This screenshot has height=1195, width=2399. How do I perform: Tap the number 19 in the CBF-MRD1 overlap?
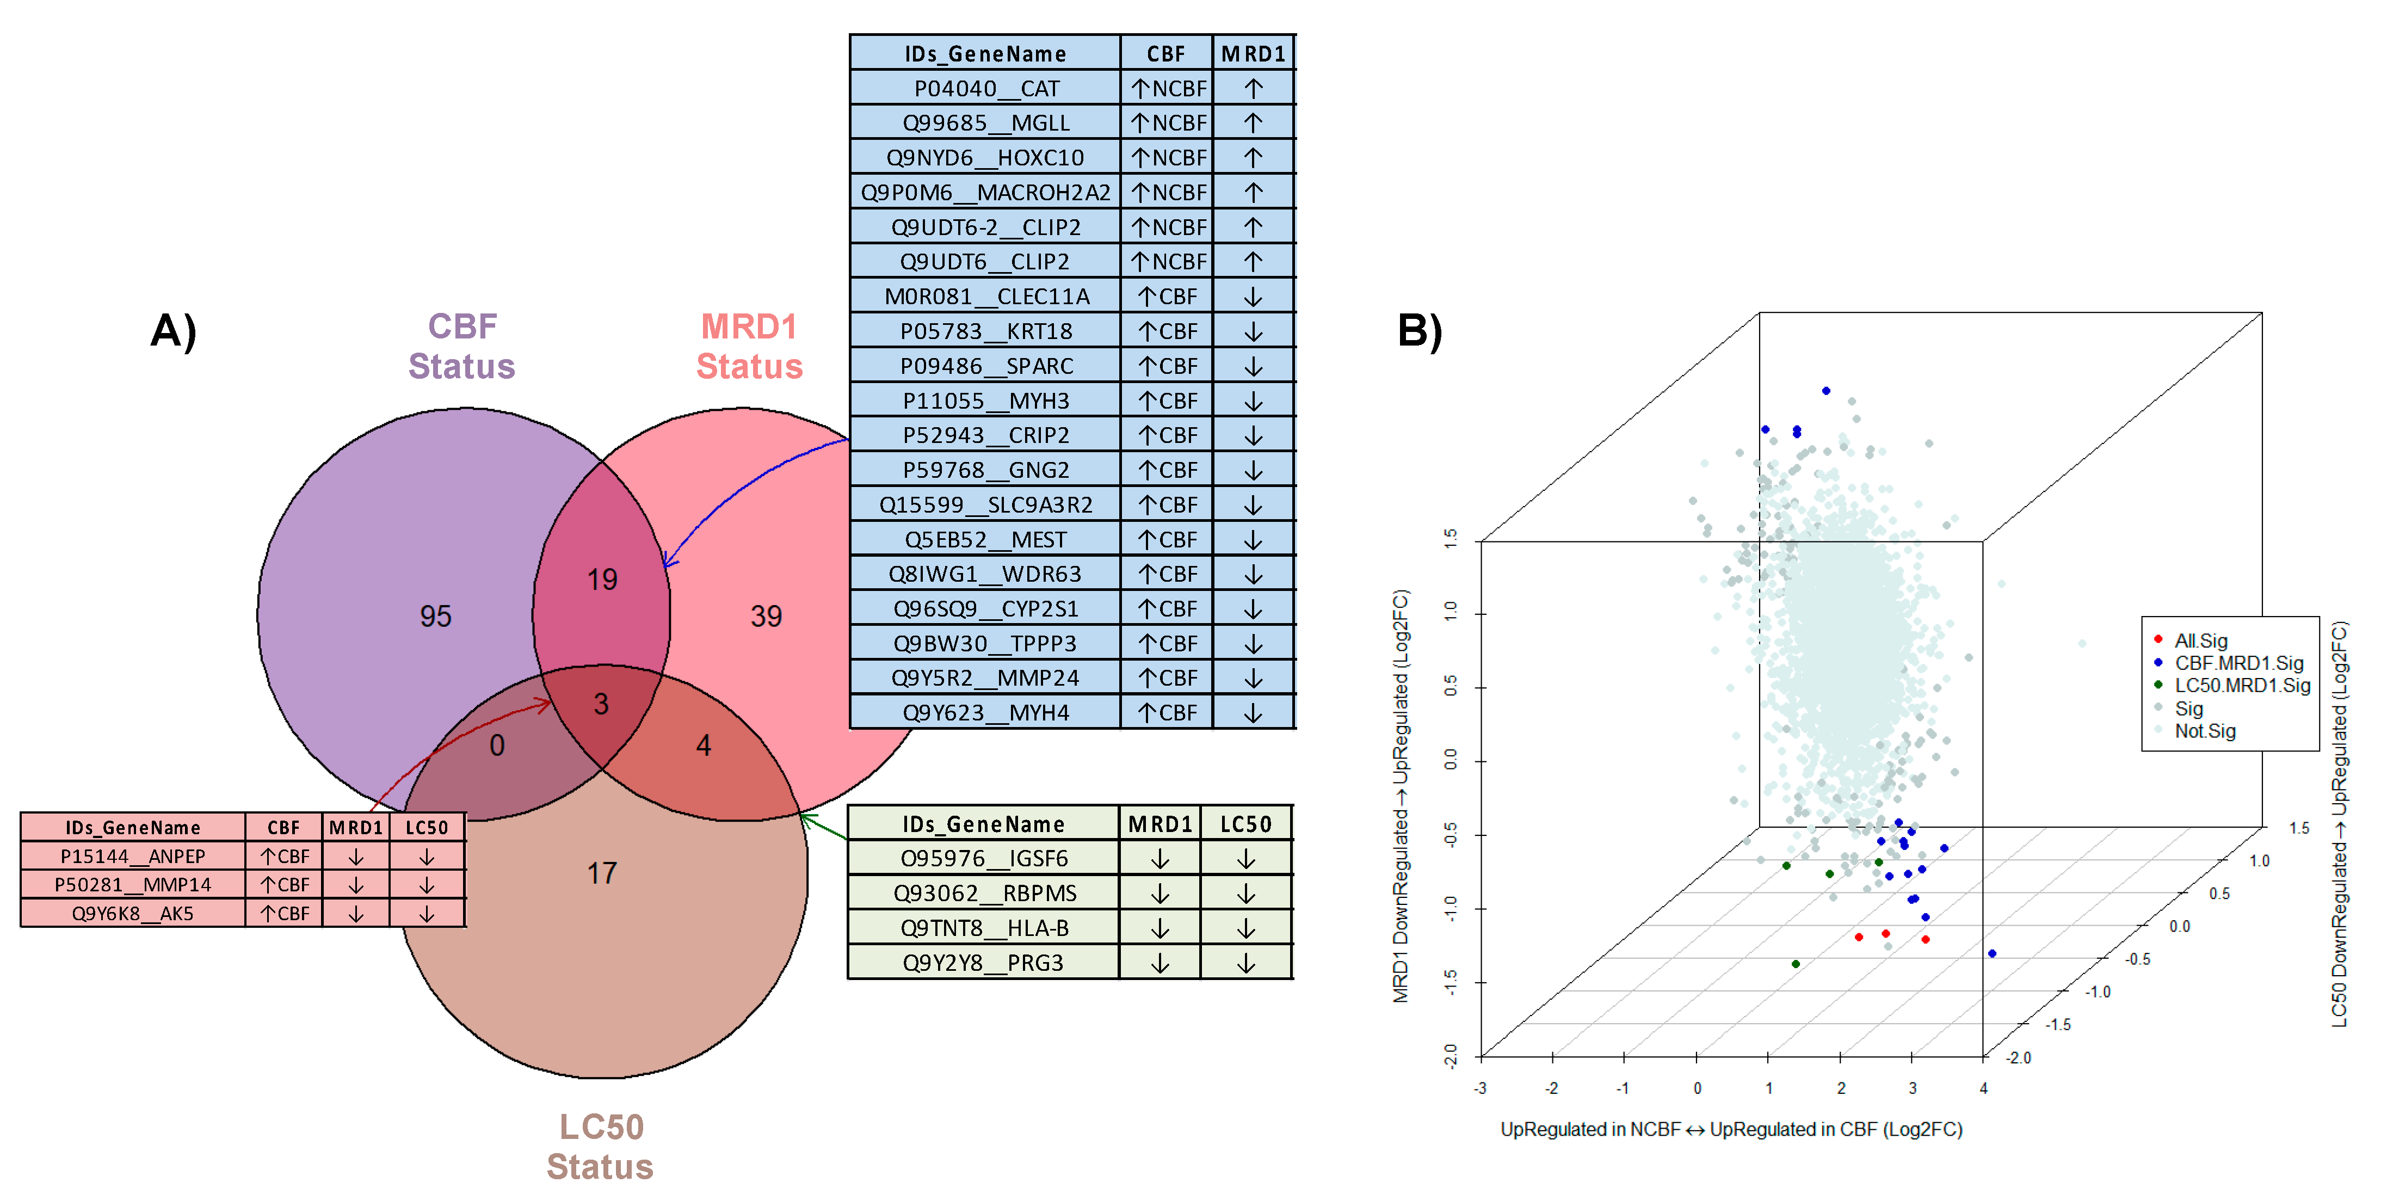(602, 580)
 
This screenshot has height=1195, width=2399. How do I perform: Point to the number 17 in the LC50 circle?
(602, 873)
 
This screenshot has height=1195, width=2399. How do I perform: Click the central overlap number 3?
(602, 704)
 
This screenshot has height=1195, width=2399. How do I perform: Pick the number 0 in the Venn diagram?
(497, 745)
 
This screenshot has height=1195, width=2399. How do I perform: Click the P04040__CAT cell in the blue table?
(986, 89)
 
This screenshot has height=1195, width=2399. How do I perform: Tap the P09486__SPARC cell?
(986, 366)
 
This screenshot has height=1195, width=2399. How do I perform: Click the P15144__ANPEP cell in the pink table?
(133, 856)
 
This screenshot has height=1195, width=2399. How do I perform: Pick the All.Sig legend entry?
(2200, 641)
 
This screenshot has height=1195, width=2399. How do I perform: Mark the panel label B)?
(1419, 331)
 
